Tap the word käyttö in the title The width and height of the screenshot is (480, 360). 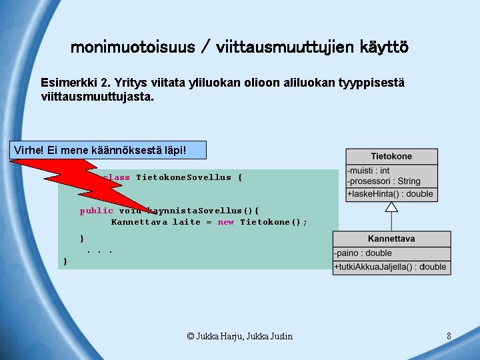[x=384, y=47]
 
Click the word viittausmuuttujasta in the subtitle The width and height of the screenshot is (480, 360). [x=95, y=97]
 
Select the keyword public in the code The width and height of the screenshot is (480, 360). [x=96, y=211]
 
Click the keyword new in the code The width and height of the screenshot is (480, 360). [x=225, y=222]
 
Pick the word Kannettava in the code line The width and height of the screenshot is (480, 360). [x=139, y=222]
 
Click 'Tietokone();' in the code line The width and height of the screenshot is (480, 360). [x=273, y=222]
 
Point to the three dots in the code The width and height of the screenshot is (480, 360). [x=99, y=251]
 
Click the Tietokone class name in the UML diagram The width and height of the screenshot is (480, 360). [x=391, y=156]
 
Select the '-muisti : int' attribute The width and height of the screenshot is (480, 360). [x=369, y=171]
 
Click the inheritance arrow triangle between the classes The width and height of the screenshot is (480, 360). [x=392, y=207]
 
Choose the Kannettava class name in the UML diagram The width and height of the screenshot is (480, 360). [x=391, y=239]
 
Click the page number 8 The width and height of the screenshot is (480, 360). [x=449, y=336]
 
